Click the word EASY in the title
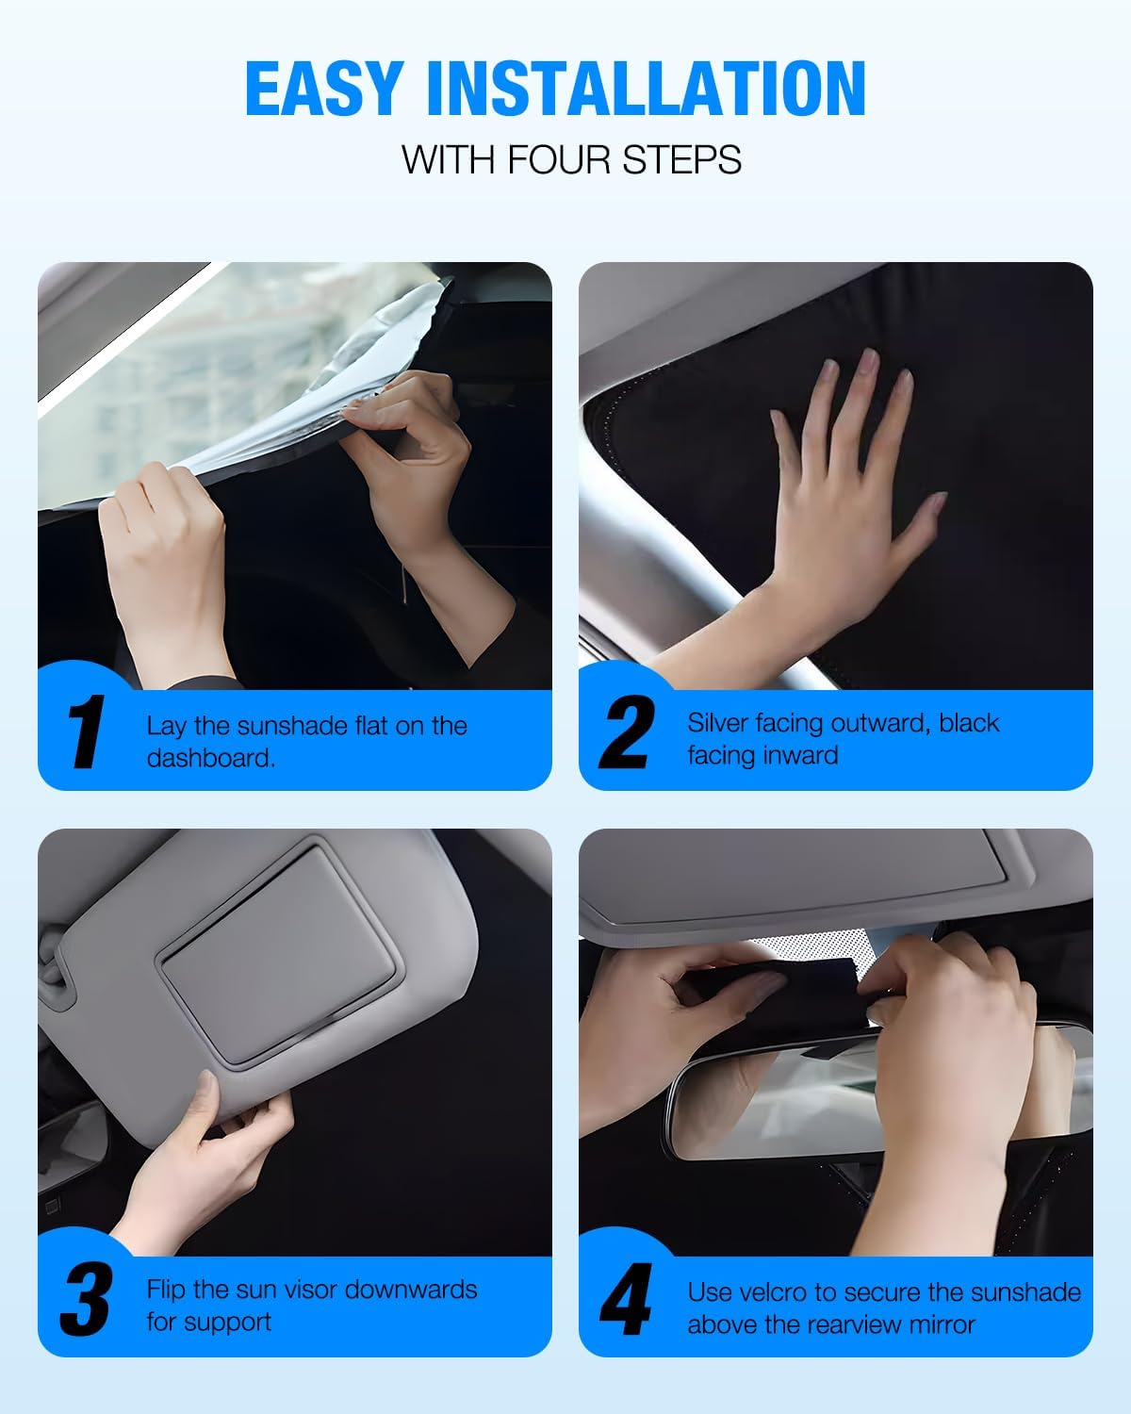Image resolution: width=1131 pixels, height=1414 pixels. pyautogui.click(x=324, y=89)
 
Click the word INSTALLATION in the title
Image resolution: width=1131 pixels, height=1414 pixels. pyautogui.click(x=647, y=89)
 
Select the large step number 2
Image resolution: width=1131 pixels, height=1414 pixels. pyautogui.click(x=627, y=732)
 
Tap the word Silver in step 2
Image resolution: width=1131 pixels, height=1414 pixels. pyautogui.click(x=718, y=723)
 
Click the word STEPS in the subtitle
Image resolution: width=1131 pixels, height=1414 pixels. pyautogui.click(x=681, y=159)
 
